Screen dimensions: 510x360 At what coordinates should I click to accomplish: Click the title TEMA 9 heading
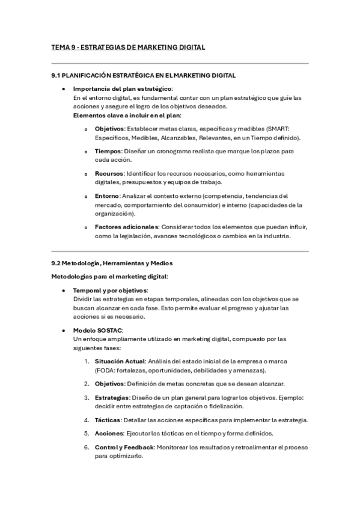coord(128,47)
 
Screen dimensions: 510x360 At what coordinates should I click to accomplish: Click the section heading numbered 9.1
coord(144,75)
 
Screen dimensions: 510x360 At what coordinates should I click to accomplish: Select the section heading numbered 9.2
coord(114,263)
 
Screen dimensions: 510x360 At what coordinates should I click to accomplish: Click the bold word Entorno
coord(107,195)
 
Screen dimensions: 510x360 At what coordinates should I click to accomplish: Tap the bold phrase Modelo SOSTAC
coord(98,330)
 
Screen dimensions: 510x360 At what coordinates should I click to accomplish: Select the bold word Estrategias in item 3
coord(112,397)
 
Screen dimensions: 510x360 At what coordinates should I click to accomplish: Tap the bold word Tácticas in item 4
coord(108,420)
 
